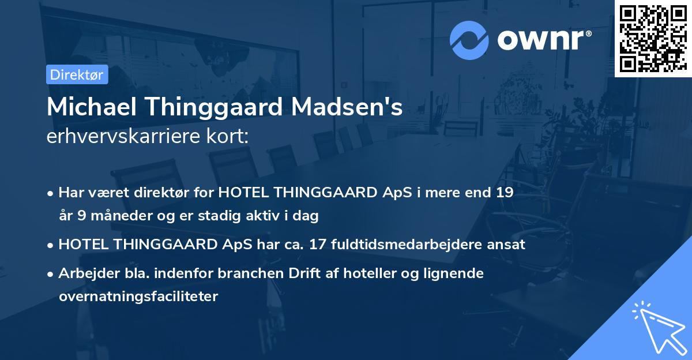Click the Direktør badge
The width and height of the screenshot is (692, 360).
tap(77, 74)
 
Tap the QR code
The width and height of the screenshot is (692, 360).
tap(653, 38)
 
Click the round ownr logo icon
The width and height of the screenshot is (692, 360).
tap(469, 40)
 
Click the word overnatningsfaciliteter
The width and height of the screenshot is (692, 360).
tap(138, 297)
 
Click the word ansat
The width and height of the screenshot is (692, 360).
tap(508, 244)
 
